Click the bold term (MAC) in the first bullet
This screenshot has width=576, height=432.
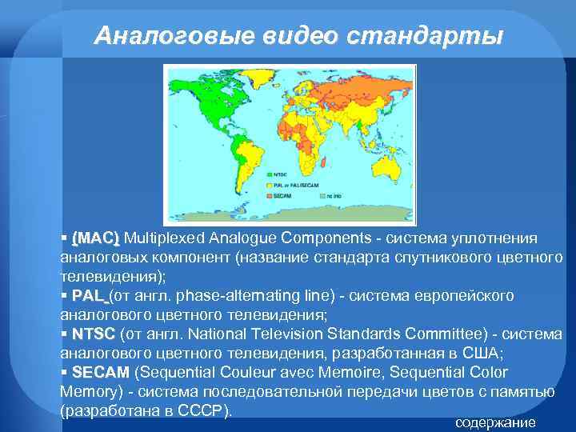click(x=95, y=238)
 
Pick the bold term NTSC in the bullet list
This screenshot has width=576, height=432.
click(x=94, y=334)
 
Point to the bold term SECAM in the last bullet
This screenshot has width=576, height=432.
click(x=100, y=373)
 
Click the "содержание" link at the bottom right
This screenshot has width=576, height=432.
click(x=495, y=422)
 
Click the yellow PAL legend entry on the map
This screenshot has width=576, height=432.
click(x=288, y=183)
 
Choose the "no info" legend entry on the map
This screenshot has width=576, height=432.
click(x=328, y=194)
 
